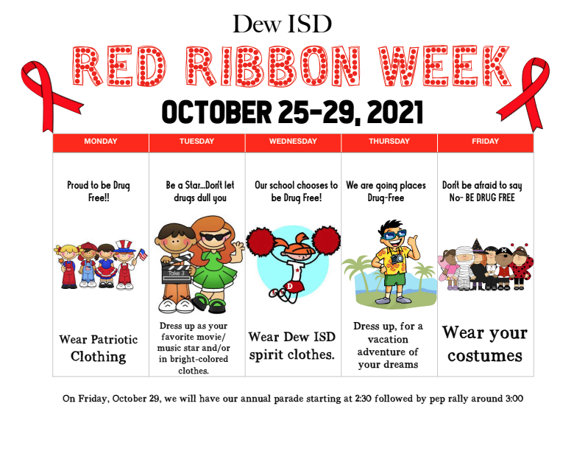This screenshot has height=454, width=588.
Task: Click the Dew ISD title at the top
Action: pyautogui.click(x=282, y=24)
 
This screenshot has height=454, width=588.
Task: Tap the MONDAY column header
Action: pyautogui.click(x=101, y=142)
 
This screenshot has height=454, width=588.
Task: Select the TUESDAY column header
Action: pyautogui.click(x=197, y=142)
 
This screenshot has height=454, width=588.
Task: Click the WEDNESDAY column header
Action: pyautogui.click(x=293, y=142)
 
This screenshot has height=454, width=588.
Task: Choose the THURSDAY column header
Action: pyautogui.click(x=389, y=142)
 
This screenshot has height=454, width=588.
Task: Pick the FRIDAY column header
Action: pyautogui.click(x=485, y=142)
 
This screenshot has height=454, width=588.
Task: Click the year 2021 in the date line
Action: pyautogui.click(x=395, y=112)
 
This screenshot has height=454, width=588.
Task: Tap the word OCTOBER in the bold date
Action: pyautogui.click(x=216, y=112)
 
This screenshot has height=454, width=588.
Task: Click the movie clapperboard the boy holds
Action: pyautogui.click(x=176, y=270)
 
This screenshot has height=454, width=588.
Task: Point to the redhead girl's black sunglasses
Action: pyautogui.click(x=214, y=237)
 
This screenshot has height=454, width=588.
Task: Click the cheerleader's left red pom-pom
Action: pyautogui.click(x=261, y=240)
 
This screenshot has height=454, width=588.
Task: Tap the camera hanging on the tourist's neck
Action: pyautogui.click(x=397, y=259)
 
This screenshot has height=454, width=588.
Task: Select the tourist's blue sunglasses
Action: pyautogui.click(x=394, y=235)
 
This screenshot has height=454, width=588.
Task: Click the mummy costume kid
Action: pyautogui.click(x=464, y=268)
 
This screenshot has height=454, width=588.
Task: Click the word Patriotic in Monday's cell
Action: pyautogui.click(x=114, y=340)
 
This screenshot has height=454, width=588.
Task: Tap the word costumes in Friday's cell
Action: pyautogui.click(x=485, y=356)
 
